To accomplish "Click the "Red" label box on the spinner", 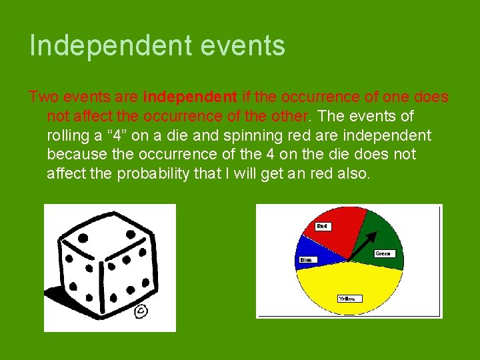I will pyautogui.click(x=323, y=227).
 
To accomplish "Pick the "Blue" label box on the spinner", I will pyautogui.click(x=305, y=259).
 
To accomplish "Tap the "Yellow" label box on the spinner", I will pyautogui.click(x=349, y=299).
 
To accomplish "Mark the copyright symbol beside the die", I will pyautogui.click(x=141, y=311).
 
